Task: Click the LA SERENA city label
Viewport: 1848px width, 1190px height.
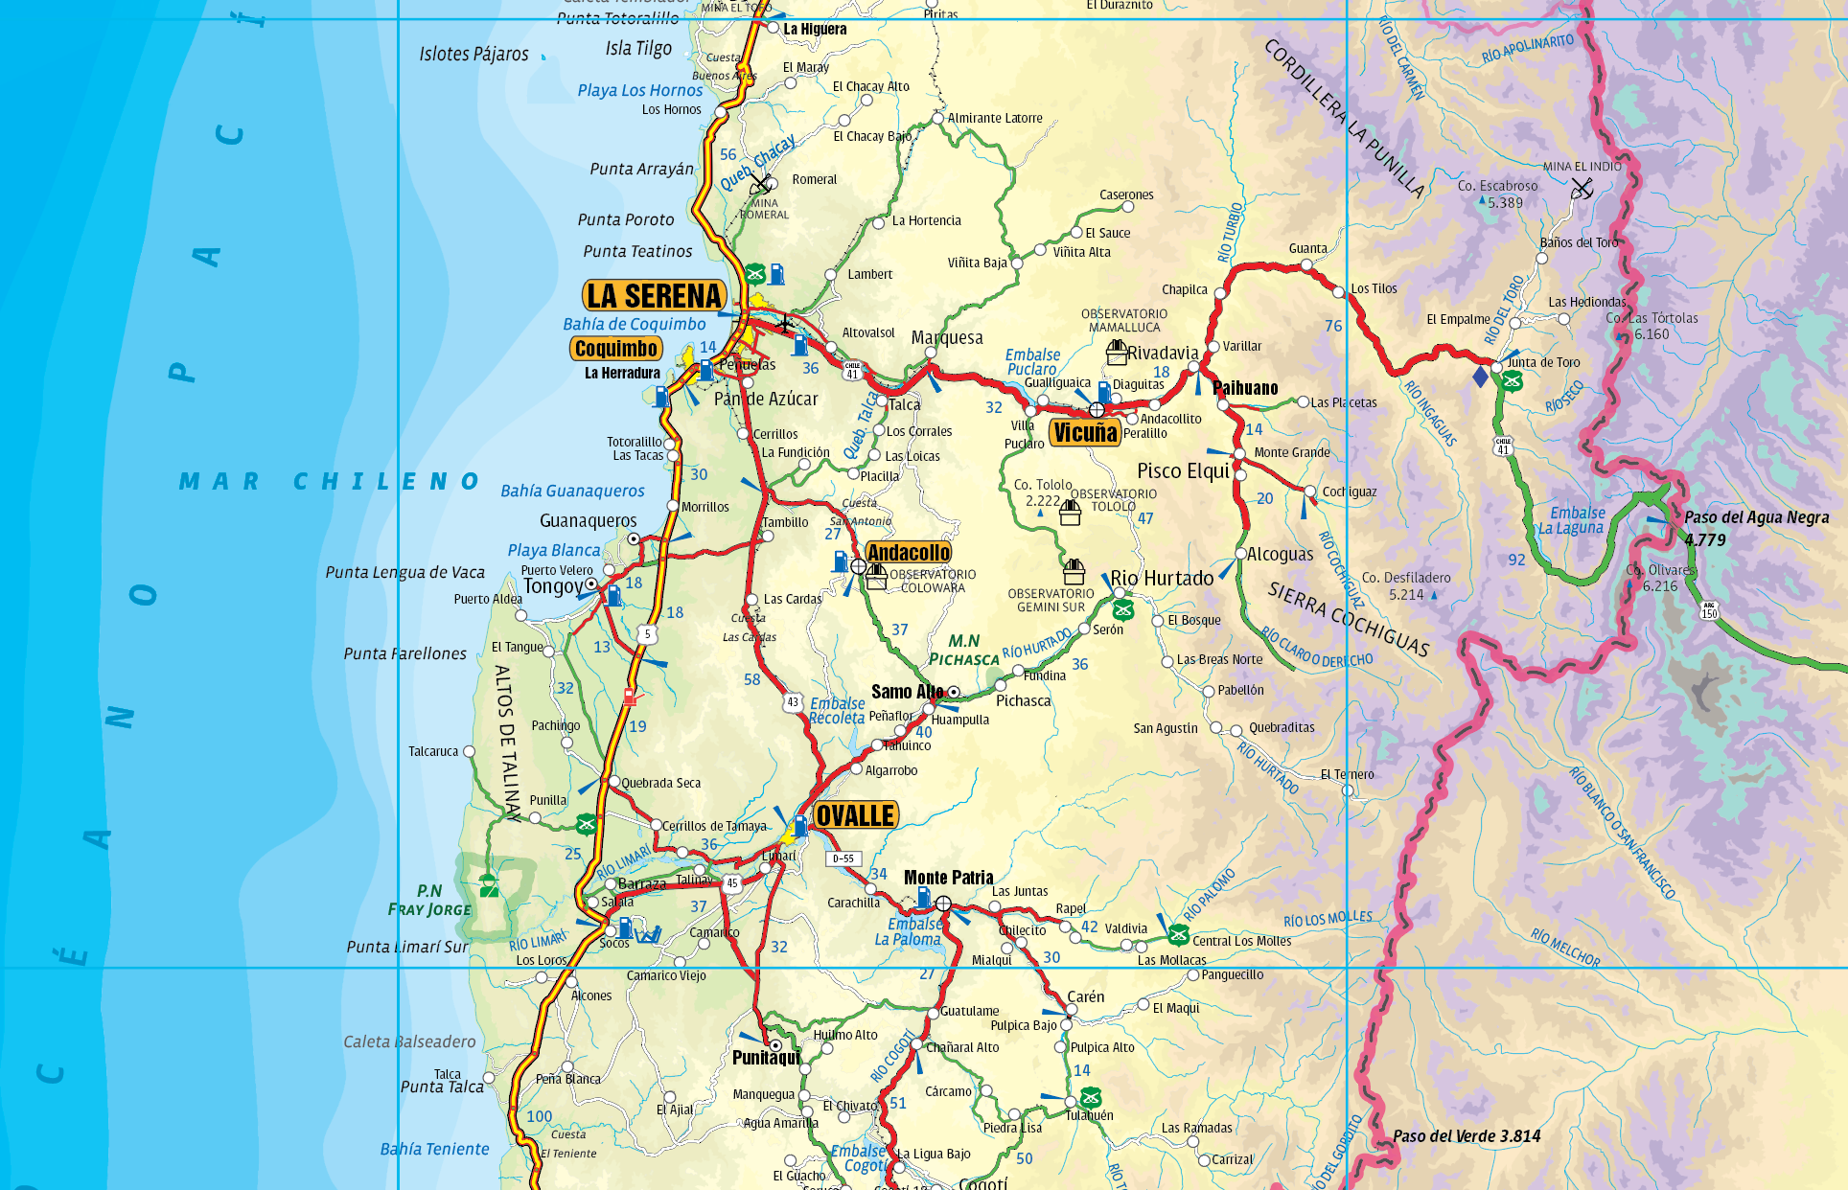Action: pos(654,296)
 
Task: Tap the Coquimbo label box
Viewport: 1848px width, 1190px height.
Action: pos(616,349)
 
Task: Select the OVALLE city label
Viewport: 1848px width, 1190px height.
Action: pos(855,815)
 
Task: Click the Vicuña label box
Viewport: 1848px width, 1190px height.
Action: pos(1085,433)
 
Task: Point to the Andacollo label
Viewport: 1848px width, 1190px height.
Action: pos(909,553)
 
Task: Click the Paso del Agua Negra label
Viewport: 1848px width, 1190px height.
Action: pos(1756,518)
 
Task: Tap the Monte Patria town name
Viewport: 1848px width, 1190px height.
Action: pos(948,878)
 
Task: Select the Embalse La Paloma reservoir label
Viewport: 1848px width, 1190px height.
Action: pos(914,931)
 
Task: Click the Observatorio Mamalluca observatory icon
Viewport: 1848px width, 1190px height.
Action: pos(1117,352)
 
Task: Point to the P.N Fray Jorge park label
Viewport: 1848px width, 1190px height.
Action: pos(429,900)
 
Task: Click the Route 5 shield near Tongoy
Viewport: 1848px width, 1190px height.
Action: pos(648,634)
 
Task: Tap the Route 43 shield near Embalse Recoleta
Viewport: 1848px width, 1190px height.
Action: pos(793,702)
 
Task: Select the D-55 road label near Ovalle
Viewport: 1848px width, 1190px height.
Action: pos(843,858)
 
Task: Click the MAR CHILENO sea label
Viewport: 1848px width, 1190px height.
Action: pos(329,481)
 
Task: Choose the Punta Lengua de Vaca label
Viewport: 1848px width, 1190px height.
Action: pos(404,572)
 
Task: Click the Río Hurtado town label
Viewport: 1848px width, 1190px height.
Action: pos(1162,578)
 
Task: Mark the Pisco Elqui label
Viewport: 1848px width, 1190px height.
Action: pos(1183,470)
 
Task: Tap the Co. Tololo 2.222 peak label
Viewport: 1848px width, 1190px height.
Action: pos(1043,492)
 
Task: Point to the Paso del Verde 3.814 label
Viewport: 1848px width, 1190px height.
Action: pos(1467,1136)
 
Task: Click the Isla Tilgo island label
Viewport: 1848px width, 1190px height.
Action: pos(638,48)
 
